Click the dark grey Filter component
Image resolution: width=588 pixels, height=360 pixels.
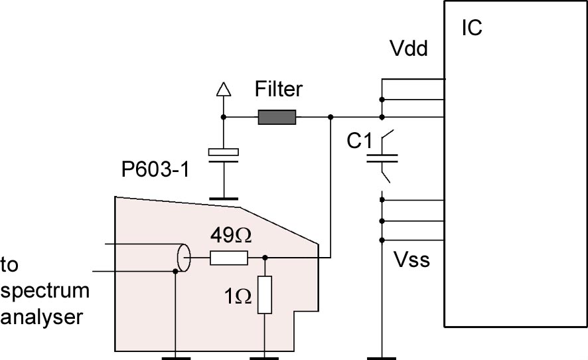point(277,118)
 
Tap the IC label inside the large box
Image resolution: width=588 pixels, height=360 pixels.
point(471,29)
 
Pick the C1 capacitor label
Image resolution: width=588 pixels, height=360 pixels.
point(361,142)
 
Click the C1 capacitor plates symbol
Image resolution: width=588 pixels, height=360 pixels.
point(382,159)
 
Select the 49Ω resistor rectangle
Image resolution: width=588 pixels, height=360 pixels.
point(229,258)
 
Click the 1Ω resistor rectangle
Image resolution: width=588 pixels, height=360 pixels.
point(265,295)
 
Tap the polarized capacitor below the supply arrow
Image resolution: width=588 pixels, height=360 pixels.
point(223,153)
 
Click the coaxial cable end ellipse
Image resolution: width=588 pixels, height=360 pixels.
point(183,257)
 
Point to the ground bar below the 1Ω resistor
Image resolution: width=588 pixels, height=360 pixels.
point(265,357)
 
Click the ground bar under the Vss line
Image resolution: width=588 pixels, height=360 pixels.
point(382,357)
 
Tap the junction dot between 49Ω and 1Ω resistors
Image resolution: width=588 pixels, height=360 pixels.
point(265,258)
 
